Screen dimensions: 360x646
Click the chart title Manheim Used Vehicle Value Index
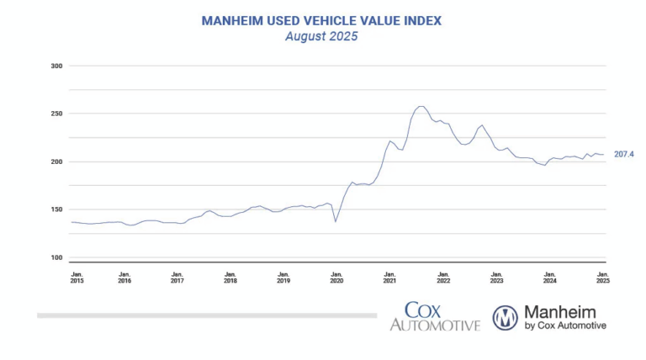321,19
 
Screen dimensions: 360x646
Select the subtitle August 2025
321,36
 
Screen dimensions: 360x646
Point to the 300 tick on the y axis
56,66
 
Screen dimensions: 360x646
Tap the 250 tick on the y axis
56,114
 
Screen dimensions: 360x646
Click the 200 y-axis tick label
56,161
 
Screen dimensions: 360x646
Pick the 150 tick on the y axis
56,209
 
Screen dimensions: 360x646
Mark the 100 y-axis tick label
56,257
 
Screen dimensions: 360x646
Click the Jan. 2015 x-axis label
77,278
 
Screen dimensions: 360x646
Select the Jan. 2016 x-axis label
124,278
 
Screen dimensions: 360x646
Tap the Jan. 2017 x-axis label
177,278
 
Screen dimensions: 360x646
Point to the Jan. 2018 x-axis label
230,278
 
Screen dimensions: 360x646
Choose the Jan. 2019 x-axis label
283,278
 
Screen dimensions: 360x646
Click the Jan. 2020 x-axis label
336,278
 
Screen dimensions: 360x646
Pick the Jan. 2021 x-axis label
389,278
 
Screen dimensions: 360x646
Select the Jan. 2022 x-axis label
443,278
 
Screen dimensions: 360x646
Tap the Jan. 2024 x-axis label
550,278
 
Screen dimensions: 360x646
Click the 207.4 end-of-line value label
623,155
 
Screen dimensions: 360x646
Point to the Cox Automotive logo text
434,316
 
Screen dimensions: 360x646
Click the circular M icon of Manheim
506,317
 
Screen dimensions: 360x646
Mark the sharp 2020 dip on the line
336,221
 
